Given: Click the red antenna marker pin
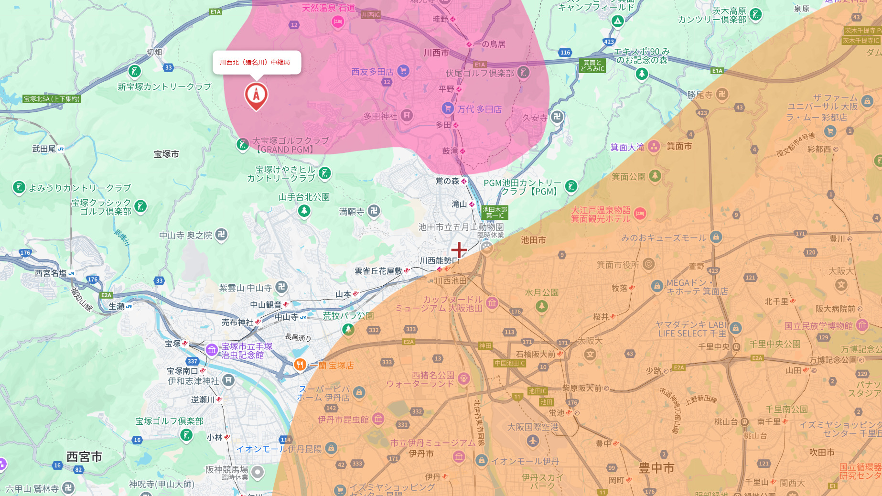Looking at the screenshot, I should pos(256,95).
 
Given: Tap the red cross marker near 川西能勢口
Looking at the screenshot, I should pos(459,249).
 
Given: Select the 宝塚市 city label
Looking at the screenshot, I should pos(166,154).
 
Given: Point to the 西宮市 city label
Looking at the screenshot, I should pos(84,457).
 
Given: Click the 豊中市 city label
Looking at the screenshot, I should pos(656,468).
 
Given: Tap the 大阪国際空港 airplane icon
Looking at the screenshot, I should pos(533,441).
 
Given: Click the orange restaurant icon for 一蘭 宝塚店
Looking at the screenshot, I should pos(300,365).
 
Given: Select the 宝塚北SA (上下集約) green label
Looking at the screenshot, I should pos(52,99).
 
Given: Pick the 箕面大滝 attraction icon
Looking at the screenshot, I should pos(654,147).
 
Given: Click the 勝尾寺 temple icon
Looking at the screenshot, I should pos(722,95).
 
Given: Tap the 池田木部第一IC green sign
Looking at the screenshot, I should pos(495,212).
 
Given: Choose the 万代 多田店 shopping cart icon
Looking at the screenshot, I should pos(447,108).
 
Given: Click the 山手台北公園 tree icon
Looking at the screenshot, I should pos(304,210).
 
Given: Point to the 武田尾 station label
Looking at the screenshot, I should pos(44,149).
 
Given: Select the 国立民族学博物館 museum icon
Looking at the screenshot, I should pos(862,325).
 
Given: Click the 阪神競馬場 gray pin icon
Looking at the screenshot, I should pos(258,472).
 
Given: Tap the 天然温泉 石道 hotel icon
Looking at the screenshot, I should pos(338,22).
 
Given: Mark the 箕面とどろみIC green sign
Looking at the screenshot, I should pos(592,65).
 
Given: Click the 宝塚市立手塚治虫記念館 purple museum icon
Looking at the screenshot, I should pos(212,350).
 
